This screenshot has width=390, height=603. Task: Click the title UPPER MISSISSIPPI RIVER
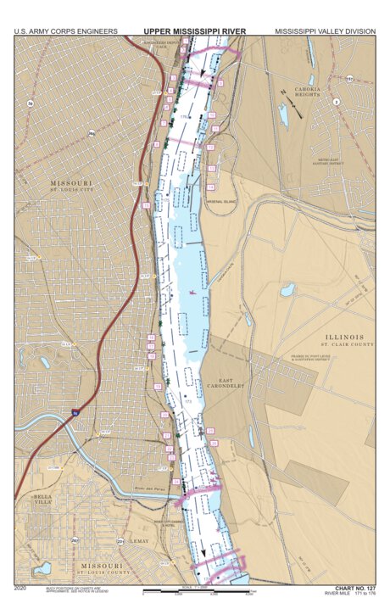195,31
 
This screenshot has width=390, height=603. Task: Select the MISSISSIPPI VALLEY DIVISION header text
324,31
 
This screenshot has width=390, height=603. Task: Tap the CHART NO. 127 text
354,587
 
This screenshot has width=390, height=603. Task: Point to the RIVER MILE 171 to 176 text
354,594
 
